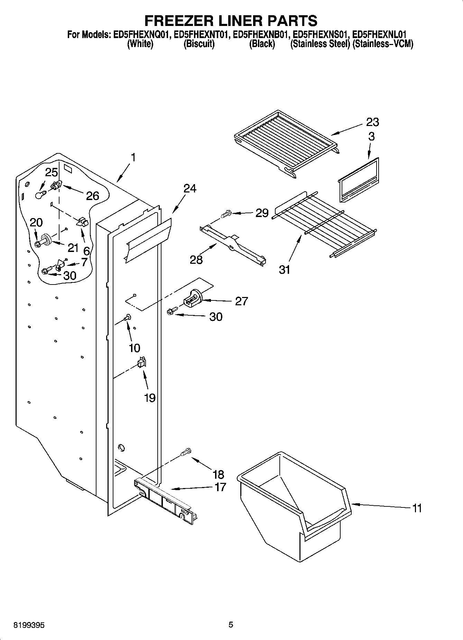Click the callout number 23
click(x=372, y=122)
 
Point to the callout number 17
click(x=220, y=487)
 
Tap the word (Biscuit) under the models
click(x=199, y=44)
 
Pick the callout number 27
click(x=241, y=301)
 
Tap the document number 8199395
click(x=29, y=625)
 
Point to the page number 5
click(x=231, y=624)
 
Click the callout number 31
click(x=285, y=269)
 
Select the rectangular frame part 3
click(x=359, y=180)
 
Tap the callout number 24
click(x=189, y=189)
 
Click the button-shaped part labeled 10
click(x=128, y=316)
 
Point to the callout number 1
click(x=133, y=157)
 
